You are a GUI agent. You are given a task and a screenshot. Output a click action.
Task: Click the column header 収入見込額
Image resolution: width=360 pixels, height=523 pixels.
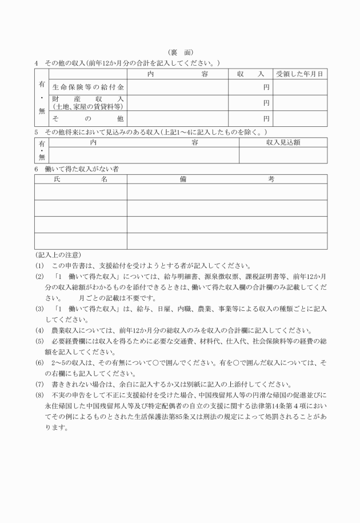(283, 142)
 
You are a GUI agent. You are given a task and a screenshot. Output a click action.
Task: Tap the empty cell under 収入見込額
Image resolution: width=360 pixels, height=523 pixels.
(283, 155)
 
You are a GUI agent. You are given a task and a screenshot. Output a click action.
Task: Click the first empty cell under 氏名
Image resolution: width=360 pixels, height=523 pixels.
(81, 191)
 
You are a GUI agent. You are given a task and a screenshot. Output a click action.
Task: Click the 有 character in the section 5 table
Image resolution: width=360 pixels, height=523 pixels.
(41, 144)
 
